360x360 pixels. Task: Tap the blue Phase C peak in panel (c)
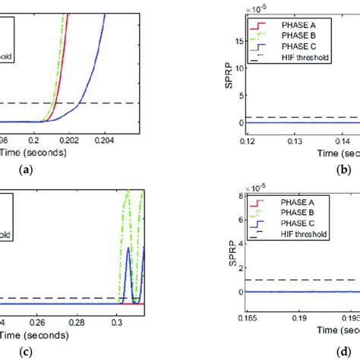128,248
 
